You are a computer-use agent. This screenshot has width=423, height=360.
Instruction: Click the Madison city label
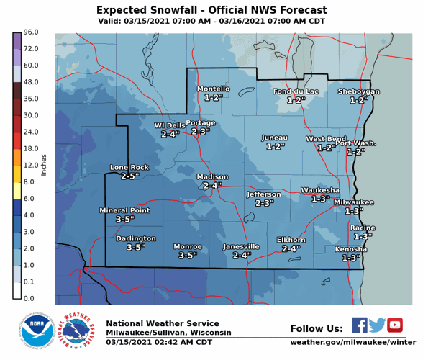tap(212, 176)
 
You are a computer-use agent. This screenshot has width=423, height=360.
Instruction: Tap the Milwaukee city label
tap(353, 202)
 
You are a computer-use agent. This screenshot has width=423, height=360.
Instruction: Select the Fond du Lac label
tap(296, 91)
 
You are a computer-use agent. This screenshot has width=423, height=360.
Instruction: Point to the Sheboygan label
tap(358, 91)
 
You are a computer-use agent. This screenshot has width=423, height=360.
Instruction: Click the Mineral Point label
tap(124, 210)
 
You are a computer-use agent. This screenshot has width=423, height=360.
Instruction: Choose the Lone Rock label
tap(129, 167)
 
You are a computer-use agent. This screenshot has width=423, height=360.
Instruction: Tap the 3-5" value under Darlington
tap(136, 247)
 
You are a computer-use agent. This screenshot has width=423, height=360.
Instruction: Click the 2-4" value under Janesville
tap(242, 255)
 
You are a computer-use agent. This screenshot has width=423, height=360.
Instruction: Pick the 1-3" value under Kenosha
tap(351, 258)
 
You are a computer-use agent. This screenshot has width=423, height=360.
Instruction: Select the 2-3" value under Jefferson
tap(265, 203)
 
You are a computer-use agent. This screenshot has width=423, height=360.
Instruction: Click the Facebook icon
tap(360, 325)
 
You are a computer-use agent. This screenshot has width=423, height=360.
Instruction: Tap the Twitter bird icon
tap(378, 325)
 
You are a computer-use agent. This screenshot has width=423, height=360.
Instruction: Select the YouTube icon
tap(395, 325)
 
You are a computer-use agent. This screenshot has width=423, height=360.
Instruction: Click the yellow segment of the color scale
tap(17, 174)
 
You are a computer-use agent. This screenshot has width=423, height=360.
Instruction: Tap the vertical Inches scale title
tap(44, 165)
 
